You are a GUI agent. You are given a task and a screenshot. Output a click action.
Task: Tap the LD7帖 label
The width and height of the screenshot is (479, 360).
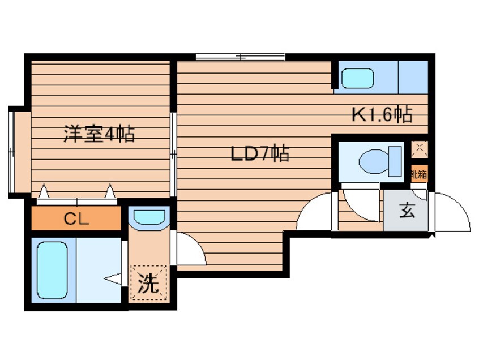click(260, 153)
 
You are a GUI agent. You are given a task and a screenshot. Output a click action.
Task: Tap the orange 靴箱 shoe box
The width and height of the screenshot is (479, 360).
click(418, 174)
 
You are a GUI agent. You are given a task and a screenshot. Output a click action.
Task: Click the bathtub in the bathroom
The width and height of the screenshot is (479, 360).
click(53, 270)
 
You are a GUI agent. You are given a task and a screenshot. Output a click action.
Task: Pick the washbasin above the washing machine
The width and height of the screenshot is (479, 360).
click(148, 217)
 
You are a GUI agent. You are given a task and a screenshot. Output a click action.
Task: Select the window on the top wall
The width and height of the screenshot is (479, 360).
click(240, 57)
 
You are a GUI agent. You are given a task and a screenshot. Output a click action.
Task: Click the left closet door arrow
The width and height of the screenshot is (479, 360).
click(44, 192)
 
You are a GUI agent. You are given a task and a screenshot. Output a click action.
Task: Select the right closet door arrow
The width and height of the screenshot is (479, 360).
click(109, 192)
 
